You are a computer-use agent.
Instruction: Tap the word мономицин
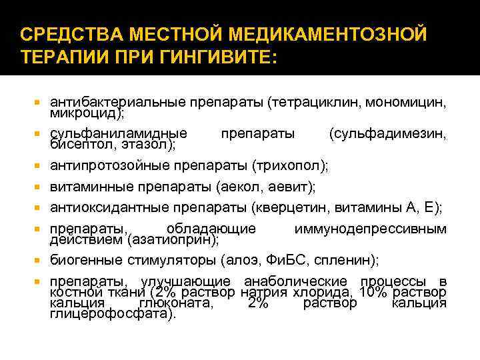[407, 103]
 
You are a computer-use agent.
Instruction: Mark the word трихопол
[299, 165]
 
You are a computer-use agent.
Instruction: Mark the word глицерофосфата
[110, 313]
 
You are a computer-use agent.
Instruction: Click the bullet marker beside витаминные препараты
[38, 187]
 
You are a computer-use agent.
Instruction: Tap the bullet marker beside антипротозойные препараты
[38, 165]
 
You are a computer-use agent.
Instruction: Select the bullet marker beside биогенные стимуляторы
[38, 259]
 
